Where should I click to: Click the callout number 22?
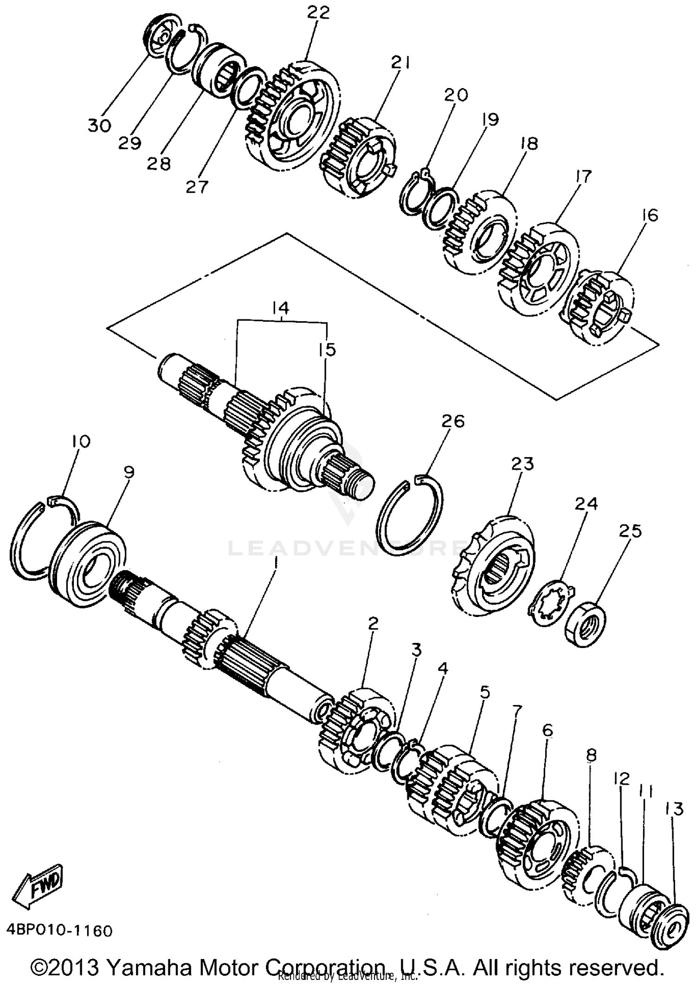tap(318, 13)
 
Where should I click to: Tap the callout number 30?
tap(99, 125)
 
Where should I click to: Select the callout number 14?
tap(281, 308)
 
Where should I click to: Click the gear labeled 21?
tap(358, 157)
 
